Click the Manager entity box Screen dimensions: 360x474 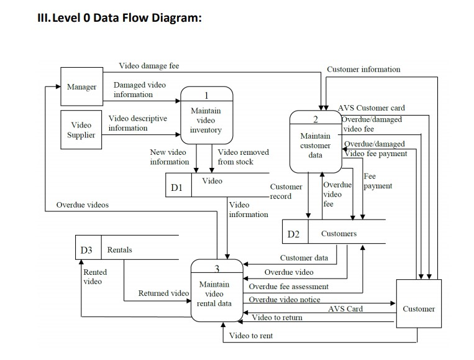(81, 87)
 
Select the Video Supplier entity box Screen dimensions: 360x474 (81, 130)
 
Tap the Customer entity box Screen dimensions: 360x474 (418, 309)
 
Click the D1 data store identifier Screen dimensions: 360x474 (176, 187)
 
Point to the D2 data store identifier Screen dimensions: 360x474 (293, 234)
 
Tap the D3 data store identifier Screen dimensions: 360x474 (86, 250)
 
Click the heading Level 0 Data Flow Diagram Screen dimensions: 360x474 (120, 17)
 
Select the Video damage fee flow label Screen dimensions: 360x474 (148, 66)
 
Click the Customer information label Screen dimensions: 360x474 (363, 69)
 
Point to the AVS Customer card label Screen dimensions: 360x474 (371, 108)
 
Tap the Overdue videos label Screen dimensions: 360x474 (82, 205)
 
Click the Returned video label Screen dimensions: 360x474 (163, 293)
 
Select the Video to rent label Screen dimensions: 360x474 (250, 336)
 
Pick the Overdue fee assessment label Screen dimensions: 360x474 (289, 287)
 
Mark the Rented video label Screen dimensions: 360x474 (95, 277)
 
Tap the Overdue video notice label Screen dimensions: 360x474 (285, 300)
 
